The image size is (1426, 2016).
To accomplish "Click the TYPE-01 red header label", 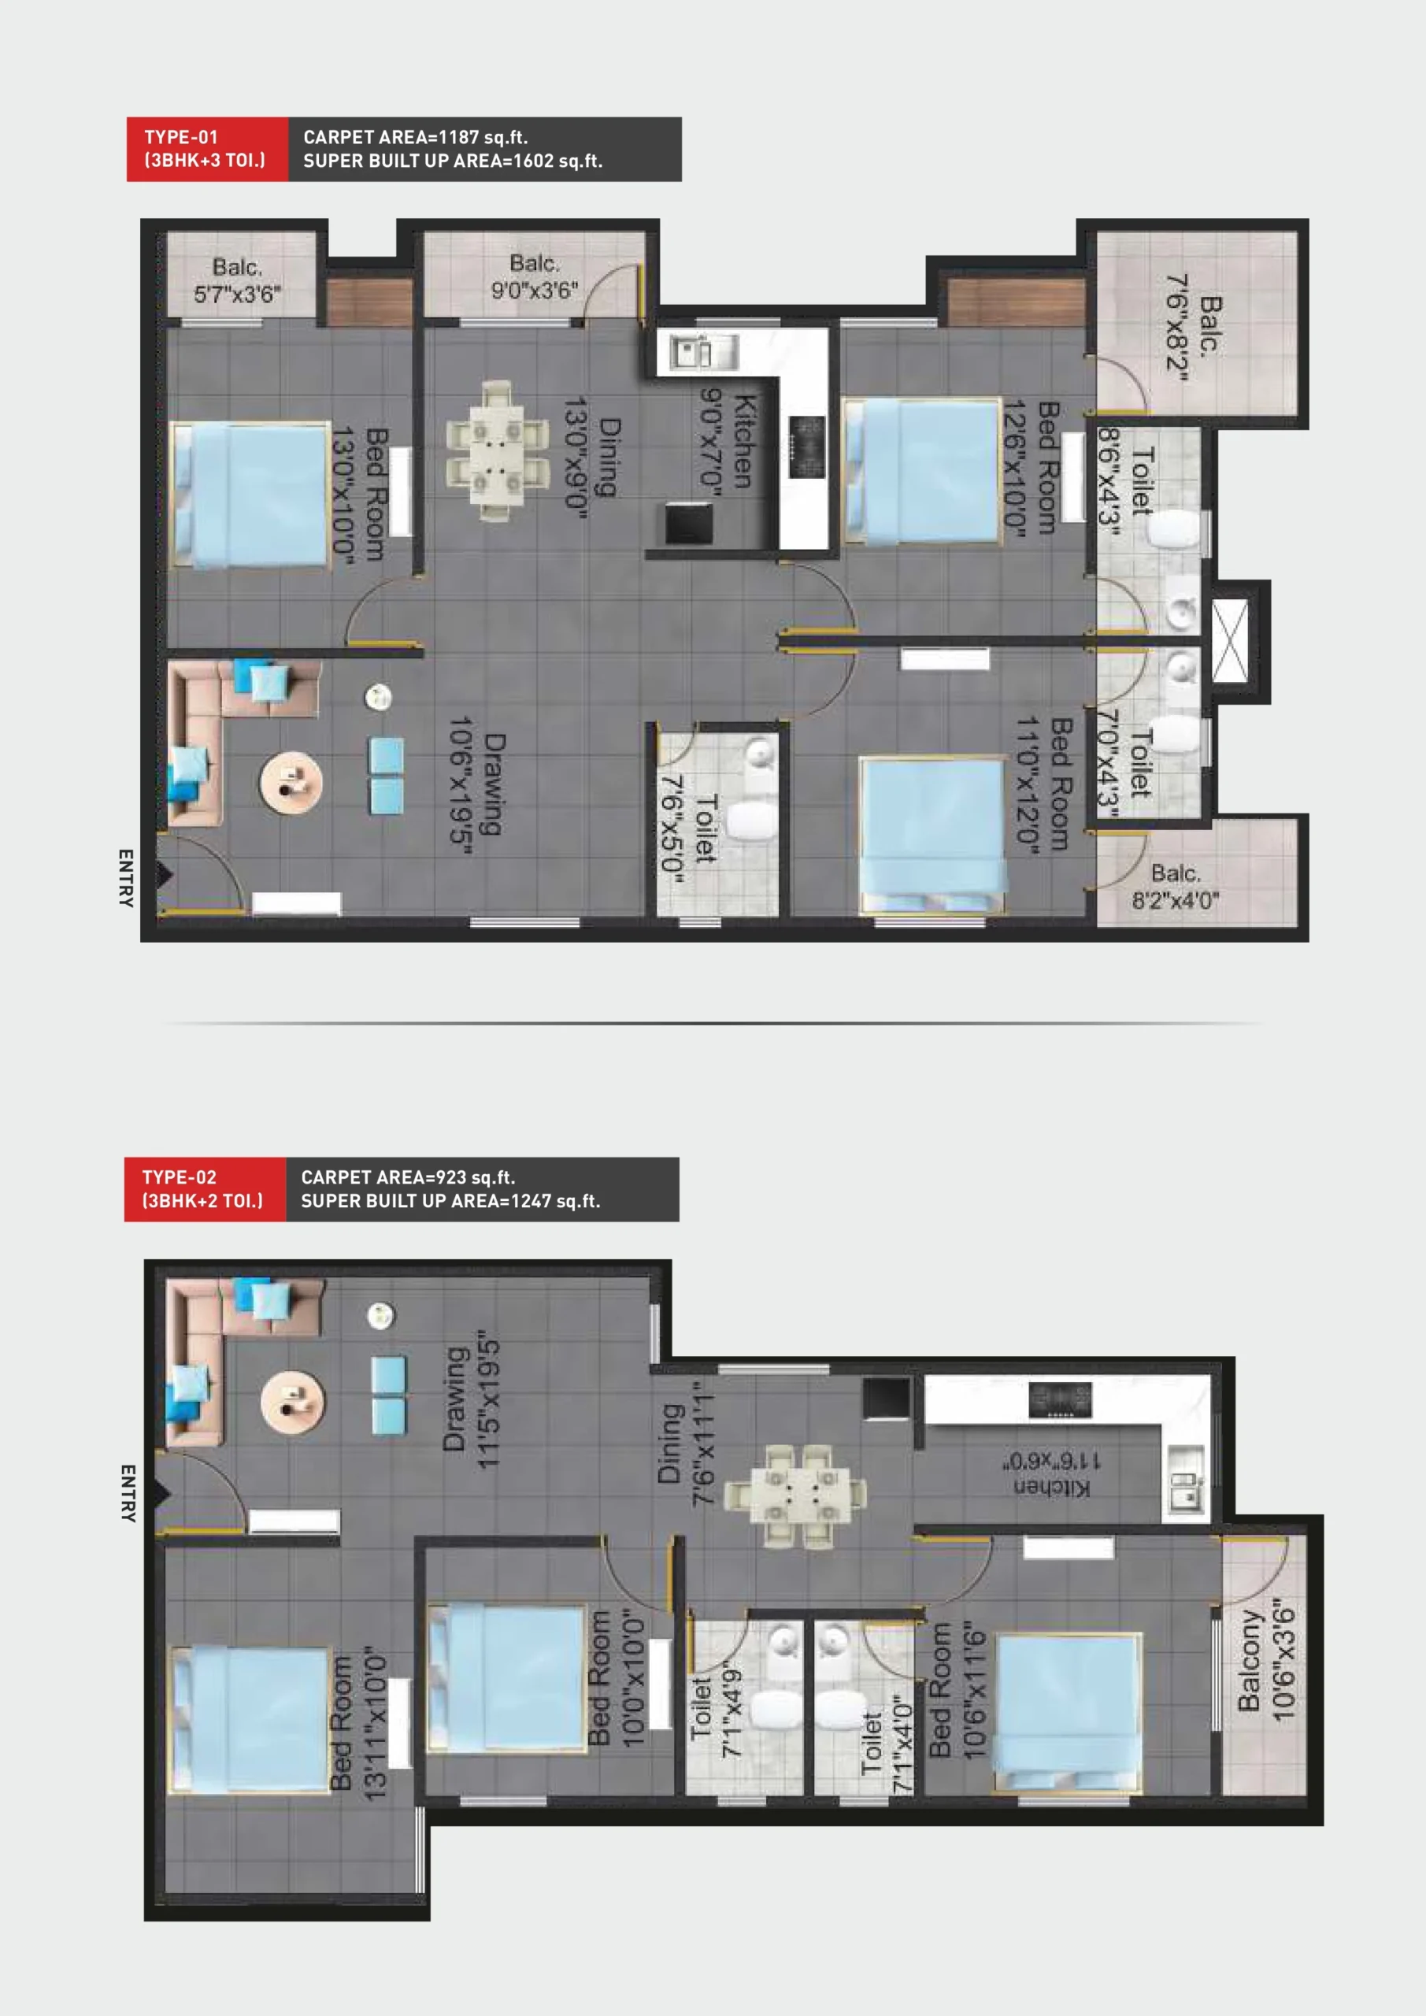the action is point(207,150).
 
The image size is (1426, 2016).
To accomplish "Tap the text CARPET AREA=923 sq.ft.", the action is point(407,1177).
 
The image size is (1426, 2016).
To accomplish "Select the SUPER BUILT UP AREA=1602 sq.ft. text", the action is point(453,161).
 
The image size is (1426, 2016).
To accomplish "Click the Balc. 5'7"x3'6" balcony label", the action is point(237,280).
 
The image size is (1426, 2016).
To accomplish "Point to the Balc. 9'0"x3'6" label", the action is point(535,276).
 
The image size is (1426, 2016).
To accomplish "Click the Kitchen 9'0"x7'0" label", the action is point(726,441).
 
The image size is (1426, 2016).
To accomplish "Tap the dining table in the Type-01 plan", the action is point(496,451).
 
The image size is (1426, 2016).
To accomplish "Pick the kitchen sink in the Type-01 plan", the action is point(703,352).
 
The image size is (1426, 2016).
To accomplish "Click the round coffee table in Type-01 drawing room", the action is point(291,782).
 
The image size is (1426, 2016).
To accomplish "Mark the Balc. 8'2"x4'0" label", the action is point(1175,887).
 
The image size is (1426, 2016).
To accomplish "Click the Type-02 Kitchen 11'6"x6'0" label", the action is point(1052,1474).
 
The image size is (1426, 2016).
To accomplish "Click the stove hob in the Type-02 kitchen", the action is point(1061,1399).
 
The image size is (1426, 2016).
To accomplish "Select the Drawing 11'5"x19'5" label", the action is point(471,1404).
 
